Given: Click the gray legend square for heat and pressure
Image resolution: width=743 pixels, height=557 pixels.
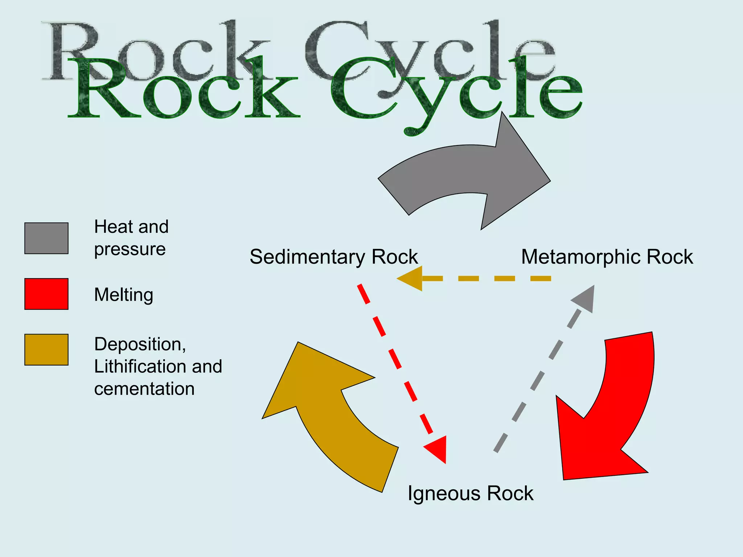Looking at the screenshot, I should pyautogui.click(x=46, y=238).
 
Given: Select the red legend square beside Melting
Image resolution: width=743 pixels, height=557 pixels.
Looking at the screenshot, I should pyautogui.click(x=46, y=294).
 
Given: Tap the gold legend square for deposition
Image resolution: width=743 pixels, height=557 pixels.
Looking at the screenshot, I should pyautogui.click(x=46, y=350).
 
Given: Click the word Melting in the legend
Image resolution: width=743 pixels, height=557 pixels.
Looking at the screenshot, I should pyautogui.click(x=123, y=294).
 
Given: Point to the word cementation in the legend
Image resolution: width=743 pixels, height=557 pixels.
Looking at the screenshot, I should pyautogui.click(x=144, y=389).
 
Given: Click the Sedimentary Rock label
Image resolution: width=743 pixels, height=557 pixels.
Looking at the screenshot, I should pyautogui.click(x=334, y=257).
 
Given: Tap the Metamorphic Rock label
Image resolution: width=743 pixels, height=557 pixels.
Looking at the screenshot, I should pyautogui.click(x=607, y=257).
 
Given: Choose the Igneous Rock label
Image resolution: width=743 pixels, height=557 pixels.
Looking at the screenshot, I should pyautogui.click(x=471, y=493).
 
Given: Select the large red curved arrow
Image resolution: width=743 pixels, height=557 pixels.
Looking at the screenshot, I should pyautogui.click(x=609, y=417).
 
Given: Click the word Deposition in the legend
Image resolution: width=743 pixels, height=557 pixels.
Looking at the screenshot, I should pyautogui.click(x=140, y=344).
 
